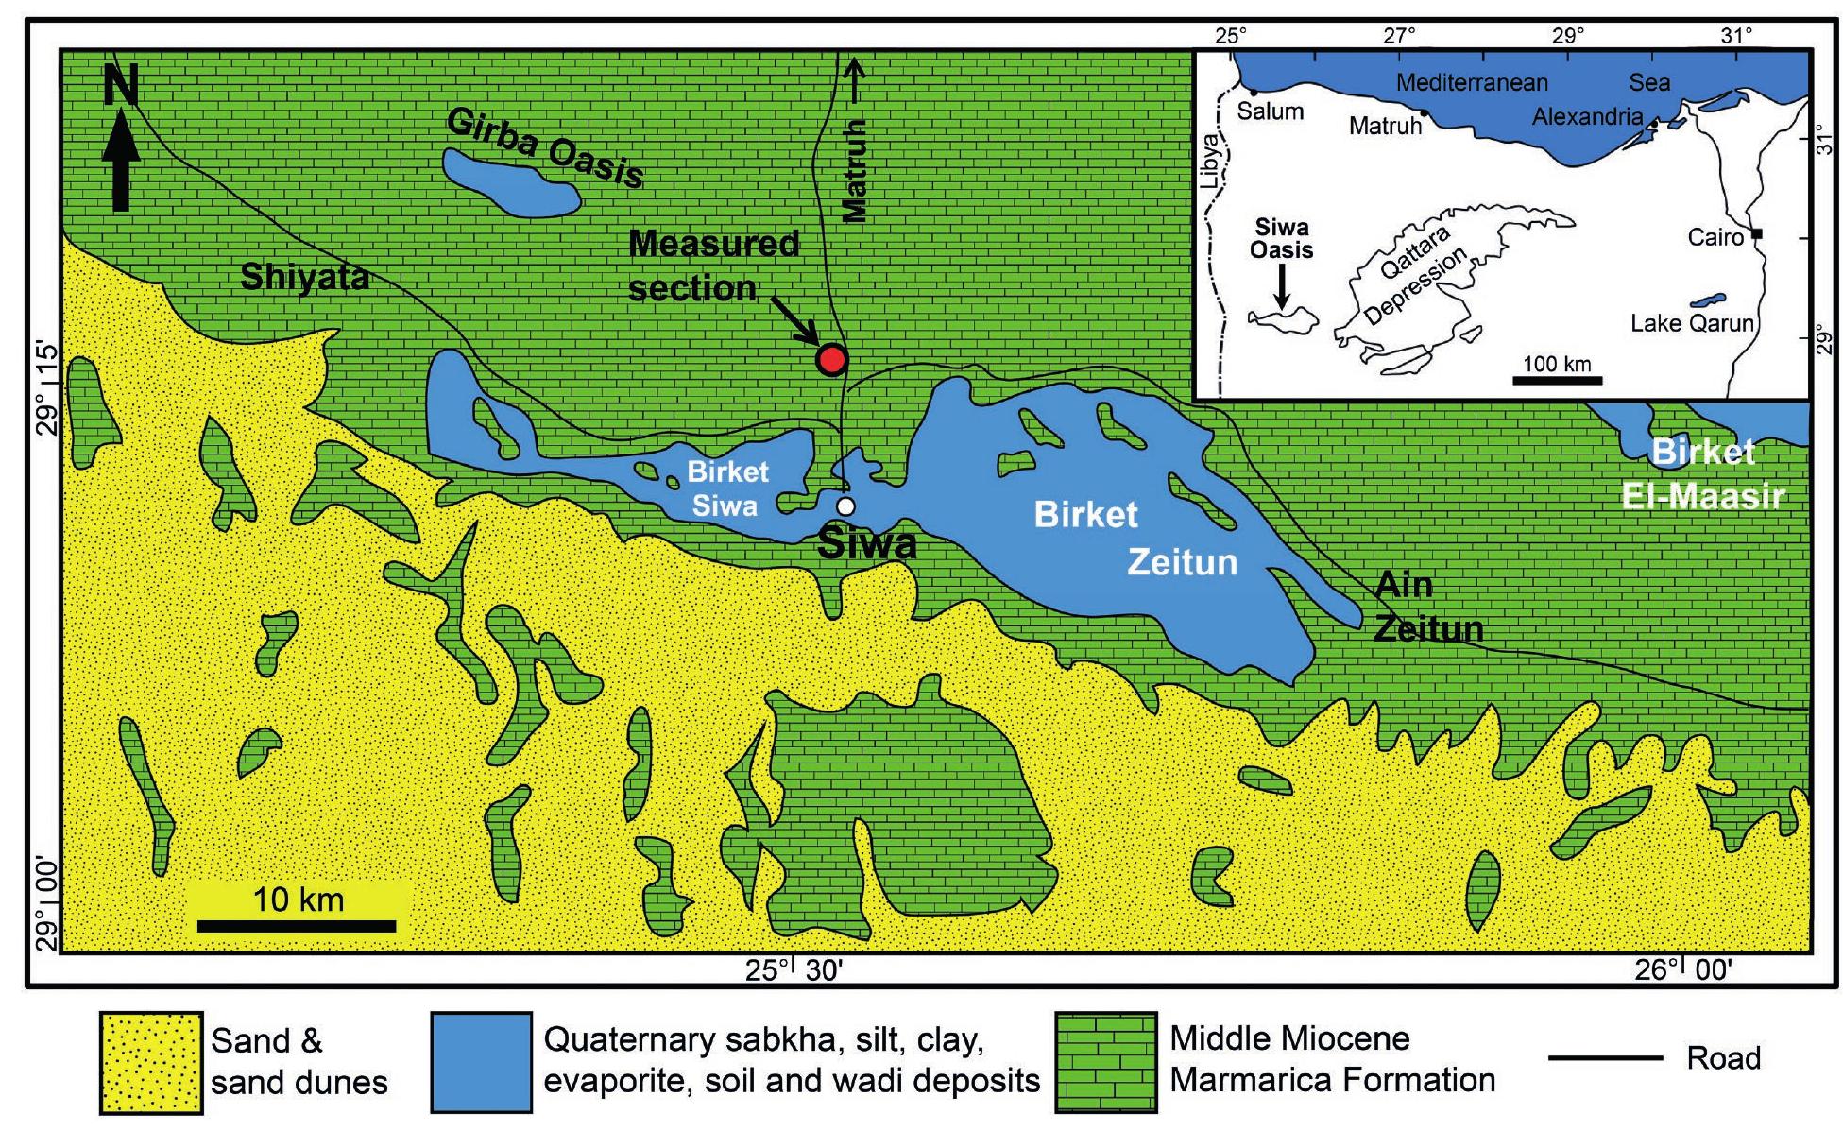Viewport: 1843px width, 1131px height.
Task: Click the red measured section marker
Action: (x=831, y=359)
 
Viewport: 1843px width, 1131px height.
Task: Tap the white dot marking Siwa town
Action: (x=845, y=506)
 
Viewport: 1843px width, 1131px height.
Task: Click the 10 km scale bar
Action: (x=297, y=926)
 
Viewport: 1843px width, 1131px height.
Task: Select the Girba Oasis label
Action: (x=546, y=147)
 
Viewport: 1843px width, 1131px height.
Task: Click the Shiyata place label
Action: (x=304, y=278)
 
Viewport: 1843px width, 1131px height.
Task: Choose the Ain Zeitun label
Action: (x=1426, y=607)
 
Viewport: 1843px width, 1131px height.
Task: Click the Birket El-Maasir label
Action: (x=1702, y=474)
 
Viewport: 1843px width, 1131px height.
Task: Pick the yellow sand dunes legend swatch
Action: (x=151, y=1063)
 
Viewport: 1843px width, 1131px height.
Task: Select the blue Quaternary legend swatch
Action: (x=481, y=1063)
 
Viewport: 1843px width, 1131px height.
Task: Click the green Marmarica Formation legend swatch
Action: (x=1105, y=1063)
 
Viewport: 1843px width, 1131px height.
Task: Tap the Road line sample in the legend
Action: (x=1606, y=1058)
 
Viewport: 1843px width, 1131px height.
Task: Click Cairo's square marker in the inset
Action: (x=1757, y=233)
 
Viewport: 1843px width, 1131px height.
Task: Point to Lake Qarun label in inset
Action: (x=1691, y=323)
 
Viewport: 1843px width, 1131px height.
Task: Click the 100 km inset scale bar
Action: (x=1557, y=380)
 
